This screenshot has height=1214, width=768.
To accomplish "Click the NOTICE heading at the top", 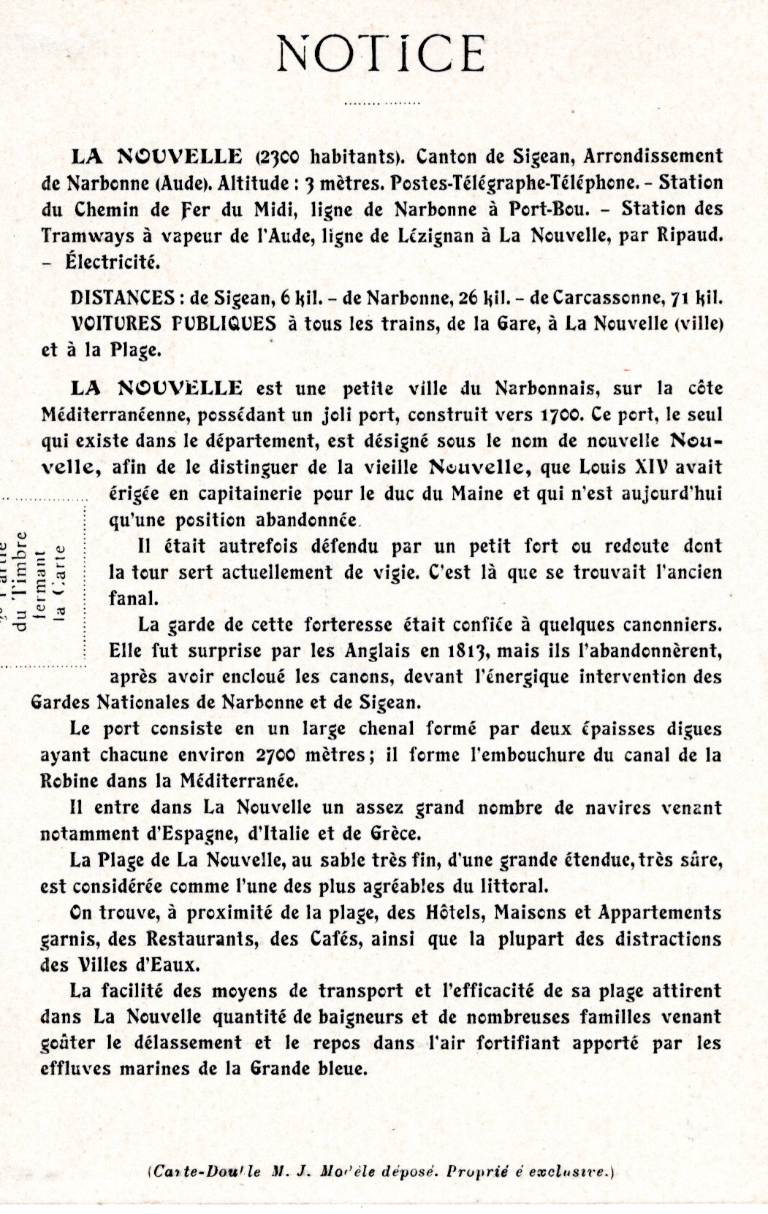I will point(383,53).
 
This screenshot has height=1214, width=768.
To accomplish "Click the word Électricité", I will point(107,262).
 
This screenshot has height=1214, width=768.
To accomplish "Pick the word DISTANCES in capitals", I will point(111,299).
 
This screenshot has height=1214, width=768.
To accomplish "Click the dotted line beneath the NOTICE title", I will point(382,104).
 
